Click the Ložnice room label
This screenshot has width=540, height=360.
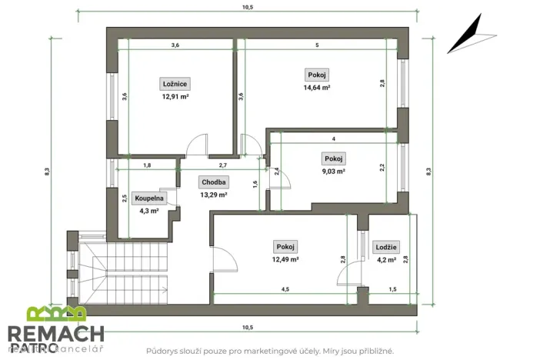[175, 84]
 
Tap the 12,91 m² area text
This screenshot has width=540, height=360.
[175, 97]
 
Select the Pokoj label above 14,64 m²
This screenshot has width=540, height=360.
[317, 75]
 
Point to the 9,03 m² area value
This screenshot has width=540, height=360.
[333, 172]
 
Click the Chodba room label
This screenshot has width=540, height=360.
[213, 182]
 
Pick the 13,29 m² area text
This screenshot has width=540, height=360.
[213, 195]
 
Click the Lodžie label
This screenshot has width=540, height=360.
[386, 247]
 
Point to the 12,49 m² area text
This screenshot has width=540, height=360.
[285, 259]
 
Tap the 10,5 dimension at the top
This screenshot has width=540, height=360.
[247, 7]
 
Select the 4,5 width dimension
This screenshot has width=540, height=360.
[285, 289]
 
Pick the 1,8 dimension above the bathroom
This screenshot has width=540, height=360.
[147, 165]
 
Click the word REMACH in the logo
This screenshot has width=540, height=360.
[55, 333]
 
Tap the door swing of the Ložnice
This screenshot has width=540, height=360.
[198, 143]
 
